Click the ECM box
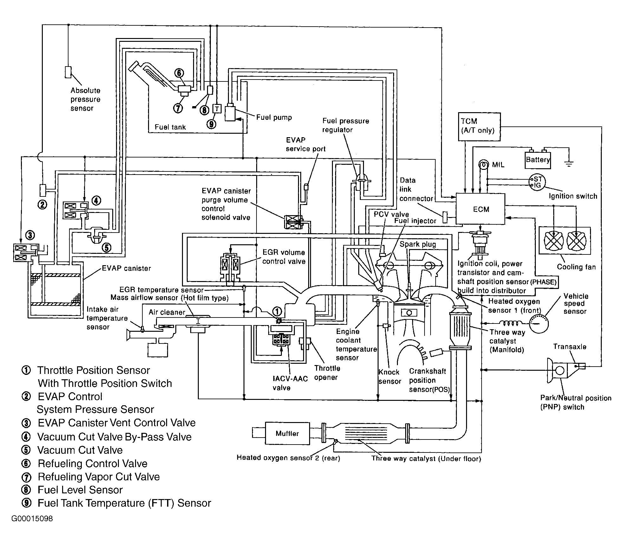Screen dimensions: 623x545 tap(480, 209)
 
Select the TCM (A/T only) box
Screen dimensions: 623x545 tap(479, 126)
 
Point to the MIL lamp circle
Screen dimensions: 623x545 tap(483, 165)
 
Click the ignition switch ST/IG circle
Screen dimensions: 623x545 tap(537, 182)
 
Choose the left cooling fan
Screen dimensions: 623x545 tap(553, 240)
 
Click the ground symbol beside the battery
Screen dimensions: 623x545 tap(569, 163)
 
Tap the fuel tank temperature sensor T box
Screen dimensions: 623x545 tap(217, 109)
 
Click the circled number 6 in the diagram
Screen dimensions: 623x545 tap(179, 73)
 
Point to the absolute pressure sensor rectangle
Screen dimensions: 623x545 tap(68, 72)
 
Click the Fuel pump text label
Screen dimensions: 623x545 tap(274, 117)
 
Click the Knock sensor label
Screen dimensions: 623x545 tap(389, 376)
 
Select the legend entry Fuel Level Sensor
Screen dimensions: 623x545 tap(80, 490)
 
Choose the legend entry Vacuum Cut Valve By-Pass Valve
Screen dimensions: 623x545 tap(114, 437)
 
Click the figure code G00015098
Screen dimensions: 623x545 tap(32, 519)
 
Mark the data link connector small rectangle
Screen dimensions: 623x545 tap(445, 217)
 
